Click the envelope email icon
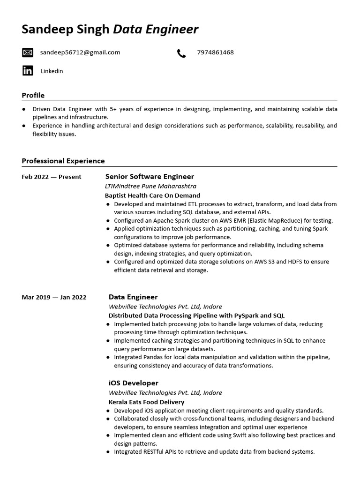click(x=28, y=52)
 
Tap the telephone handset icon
click(x=181, y=53)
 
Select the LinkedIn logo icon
click(x=28, y=71)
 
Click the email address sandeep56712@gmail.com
click(x=80, y=52)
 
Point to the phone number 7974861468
click(x=215, y=52)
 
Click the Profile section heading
click(x=33, y=96)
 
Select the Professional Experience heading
click(x=63, y=161)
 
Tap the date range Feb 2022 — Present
click(x=52, y=177)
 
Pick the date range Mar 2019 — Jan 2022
click(x=54, y=297)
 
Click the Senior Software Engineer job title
click(x=150, y=177)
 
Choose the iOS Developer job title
click(x=134, y=383)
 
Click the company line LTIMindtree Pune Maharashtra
click(x=144, y=186)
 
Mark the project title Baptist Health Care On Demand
click(x=152, y=195)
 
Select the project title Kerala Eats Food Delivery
click(x=146, y=402)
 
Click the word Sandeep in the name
click(x=45, y=30)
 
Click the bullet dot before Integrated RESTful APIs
click(x=108, y=452)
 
